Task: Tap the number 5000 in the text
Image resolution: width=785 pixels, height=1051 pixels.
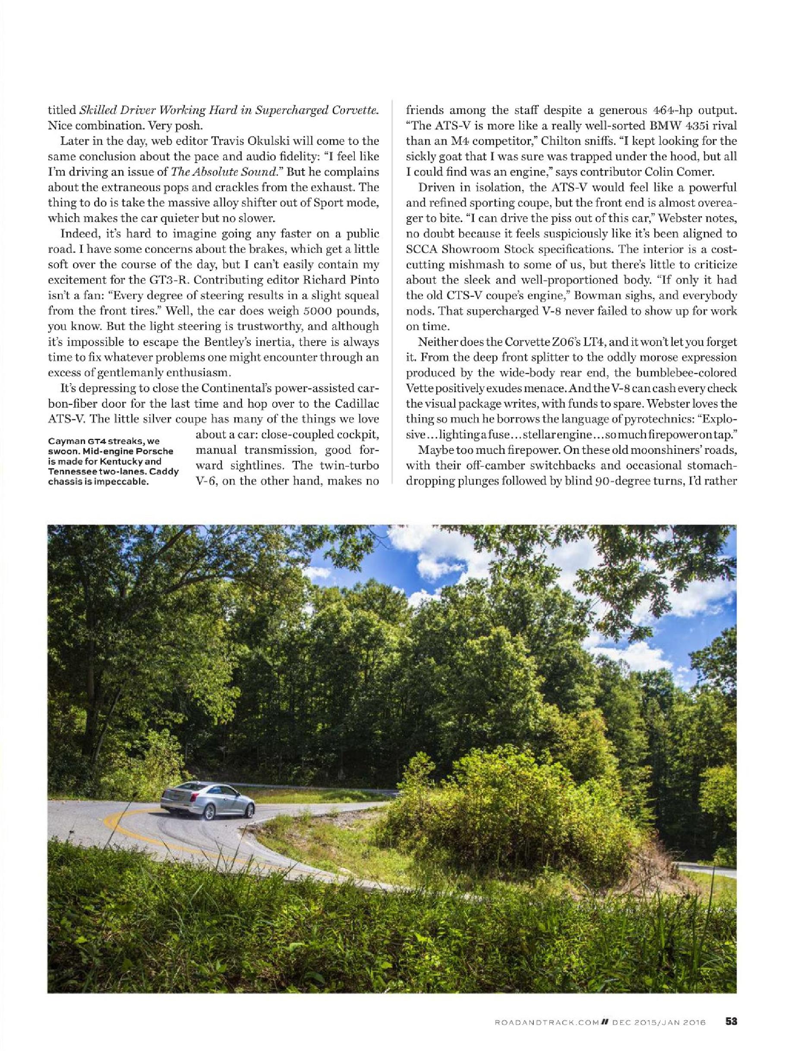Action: click(x=287, y=314)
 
